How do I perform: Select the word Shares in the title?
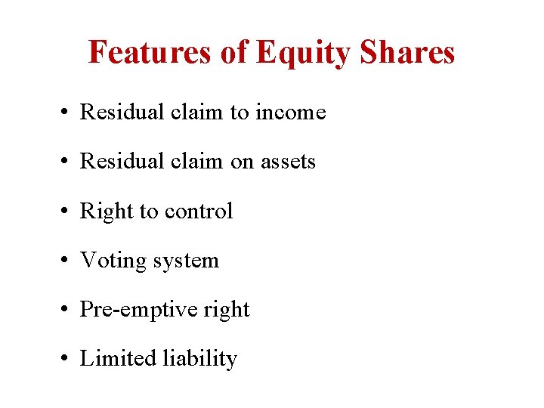click(x=408, y=52)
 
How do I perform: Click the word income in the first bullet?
click(x=291, y=113)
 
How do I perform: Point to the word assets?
click(x=287, y=162)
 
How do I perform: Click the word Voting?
click(x=113, y=261)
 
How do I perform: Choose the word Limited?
click(x=118, y=358)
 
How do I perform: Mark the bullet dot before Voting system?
click(x=67, y=261)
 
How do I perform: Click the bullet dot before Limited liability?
click(x=67, y=360)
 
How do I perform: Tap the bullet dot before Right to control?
click(x=67, y=212)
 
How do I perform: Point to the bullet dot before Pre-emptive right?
click(x=67, y=311)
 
